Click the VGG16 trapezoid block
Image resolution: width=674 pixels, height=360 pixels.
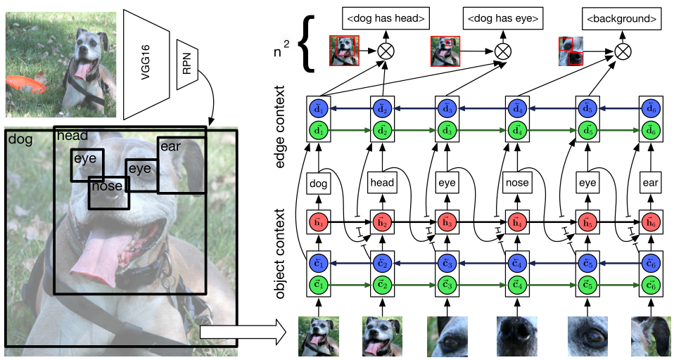[x=147, y=64]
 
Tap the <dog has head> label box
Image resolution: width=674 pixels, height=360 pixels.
[x=386, y=18]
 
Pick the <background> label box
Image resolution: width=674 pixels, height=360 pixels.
[x=622, y=18]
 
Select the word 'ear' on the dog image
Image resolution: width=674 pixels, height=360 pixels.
[x=171, y=147]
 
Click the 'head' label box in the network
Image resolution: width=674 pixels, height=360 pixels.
[x=383, y=182]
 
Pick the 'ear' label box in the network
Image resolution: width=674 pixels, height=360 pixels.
[x=650, y=182]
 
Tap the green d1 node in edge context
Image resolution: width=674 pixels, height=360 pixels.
[x=318, y=130]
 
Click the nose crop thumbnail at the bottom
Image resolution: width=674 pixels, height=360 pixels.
[x=516, y=336]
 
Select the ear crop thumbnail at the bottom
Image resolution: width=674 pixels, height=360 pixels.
[x=650, y=336]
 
